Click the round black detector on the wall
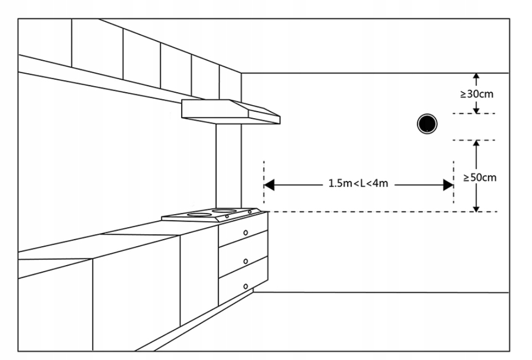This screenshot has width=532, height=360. click(x=426, y=124)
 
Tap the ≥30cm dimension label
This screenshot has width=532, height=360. click(x=477, y=94)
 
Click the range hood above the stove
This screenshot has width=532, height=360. click(x=230, y=111)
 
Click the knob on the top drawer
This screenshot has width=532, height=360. click(x=246, y=232)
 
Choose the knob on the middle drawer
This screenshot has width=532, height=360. click(x=246, y=261)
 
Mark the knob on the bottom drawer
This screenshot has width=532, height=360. click(x=246, y=286)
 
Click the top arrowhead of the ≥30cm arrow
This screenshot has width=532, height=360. click(x=476, y=76)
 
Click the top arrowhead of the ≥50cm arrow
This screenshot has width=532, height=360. click(x=476, y=144)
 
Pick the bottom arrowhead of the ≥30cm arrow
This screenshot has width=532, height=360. click(x=476, y=110)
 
